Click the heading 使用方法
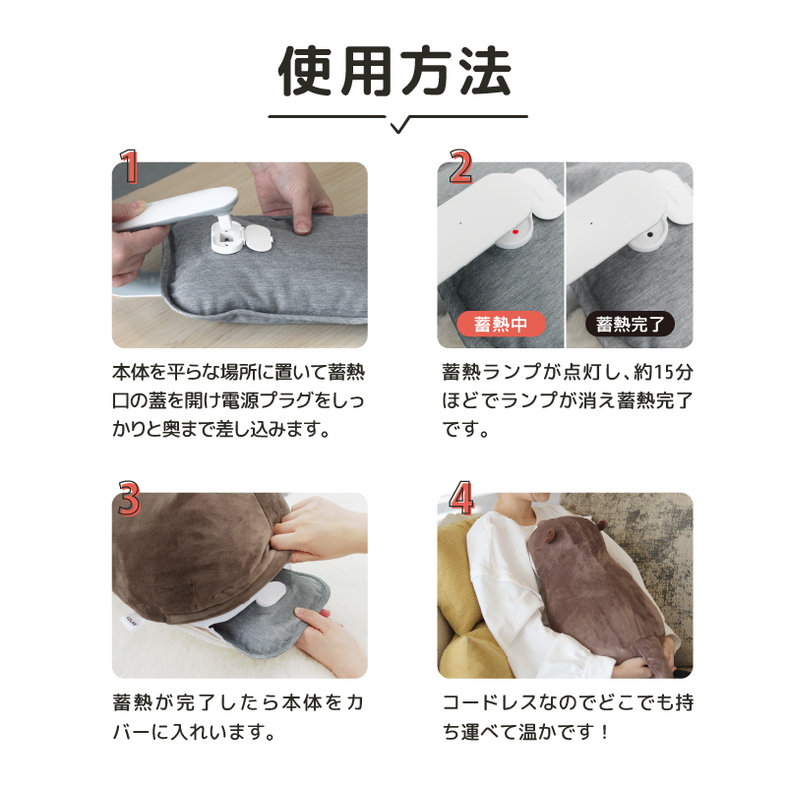(394, 72)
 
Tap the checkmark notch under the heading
(399, 126)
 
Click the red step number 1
(129, 166)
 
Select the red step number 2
(460, 166)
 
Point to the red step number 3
(129, 498)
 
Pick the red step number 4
(461, 498)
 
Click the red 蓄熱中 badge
(501, 324)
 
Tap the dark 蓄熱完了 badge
(630, 324)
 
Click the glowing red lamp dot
(515, 232)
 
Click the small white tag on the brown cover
(132, 622)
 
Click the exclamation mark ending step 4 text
(604, 732)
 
